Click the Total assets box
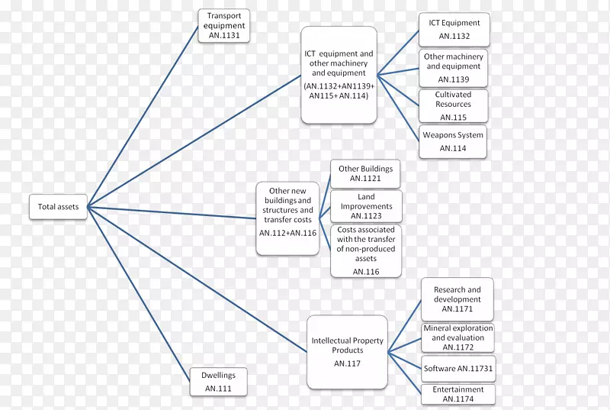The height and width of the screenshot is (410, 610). point(58,207)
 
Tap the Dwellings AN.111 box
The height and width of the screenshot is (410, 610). point(218,381)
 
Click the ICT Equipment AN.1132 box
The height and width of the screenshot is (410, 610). point(454,30)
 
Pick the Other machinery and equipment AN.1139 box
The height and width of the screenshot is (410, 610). point(454,67)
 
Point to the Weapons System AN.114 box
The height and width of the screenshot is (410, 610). point(453,142)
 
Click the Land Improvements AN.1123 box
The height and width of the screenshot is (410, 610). point(366,206)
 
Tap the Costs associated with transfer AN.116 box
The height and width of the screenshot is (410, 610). point(366,250)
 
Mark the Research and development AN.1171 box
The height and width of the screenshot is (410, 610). point(457,299)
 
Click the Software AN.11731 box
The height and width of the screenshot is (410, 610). point(457,369)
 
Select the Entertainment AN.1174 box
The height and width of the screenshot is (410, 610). point(457,394)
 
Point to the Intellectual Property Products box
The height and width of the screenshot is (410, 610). point(347,350)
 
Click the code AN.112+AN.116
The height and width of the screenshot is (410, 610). point(287,232)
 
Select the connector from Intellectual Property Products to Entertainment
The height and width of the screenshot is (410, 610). point(404,373)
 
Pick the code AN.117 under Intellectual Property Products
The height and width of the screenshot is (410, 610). point(347,363)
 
